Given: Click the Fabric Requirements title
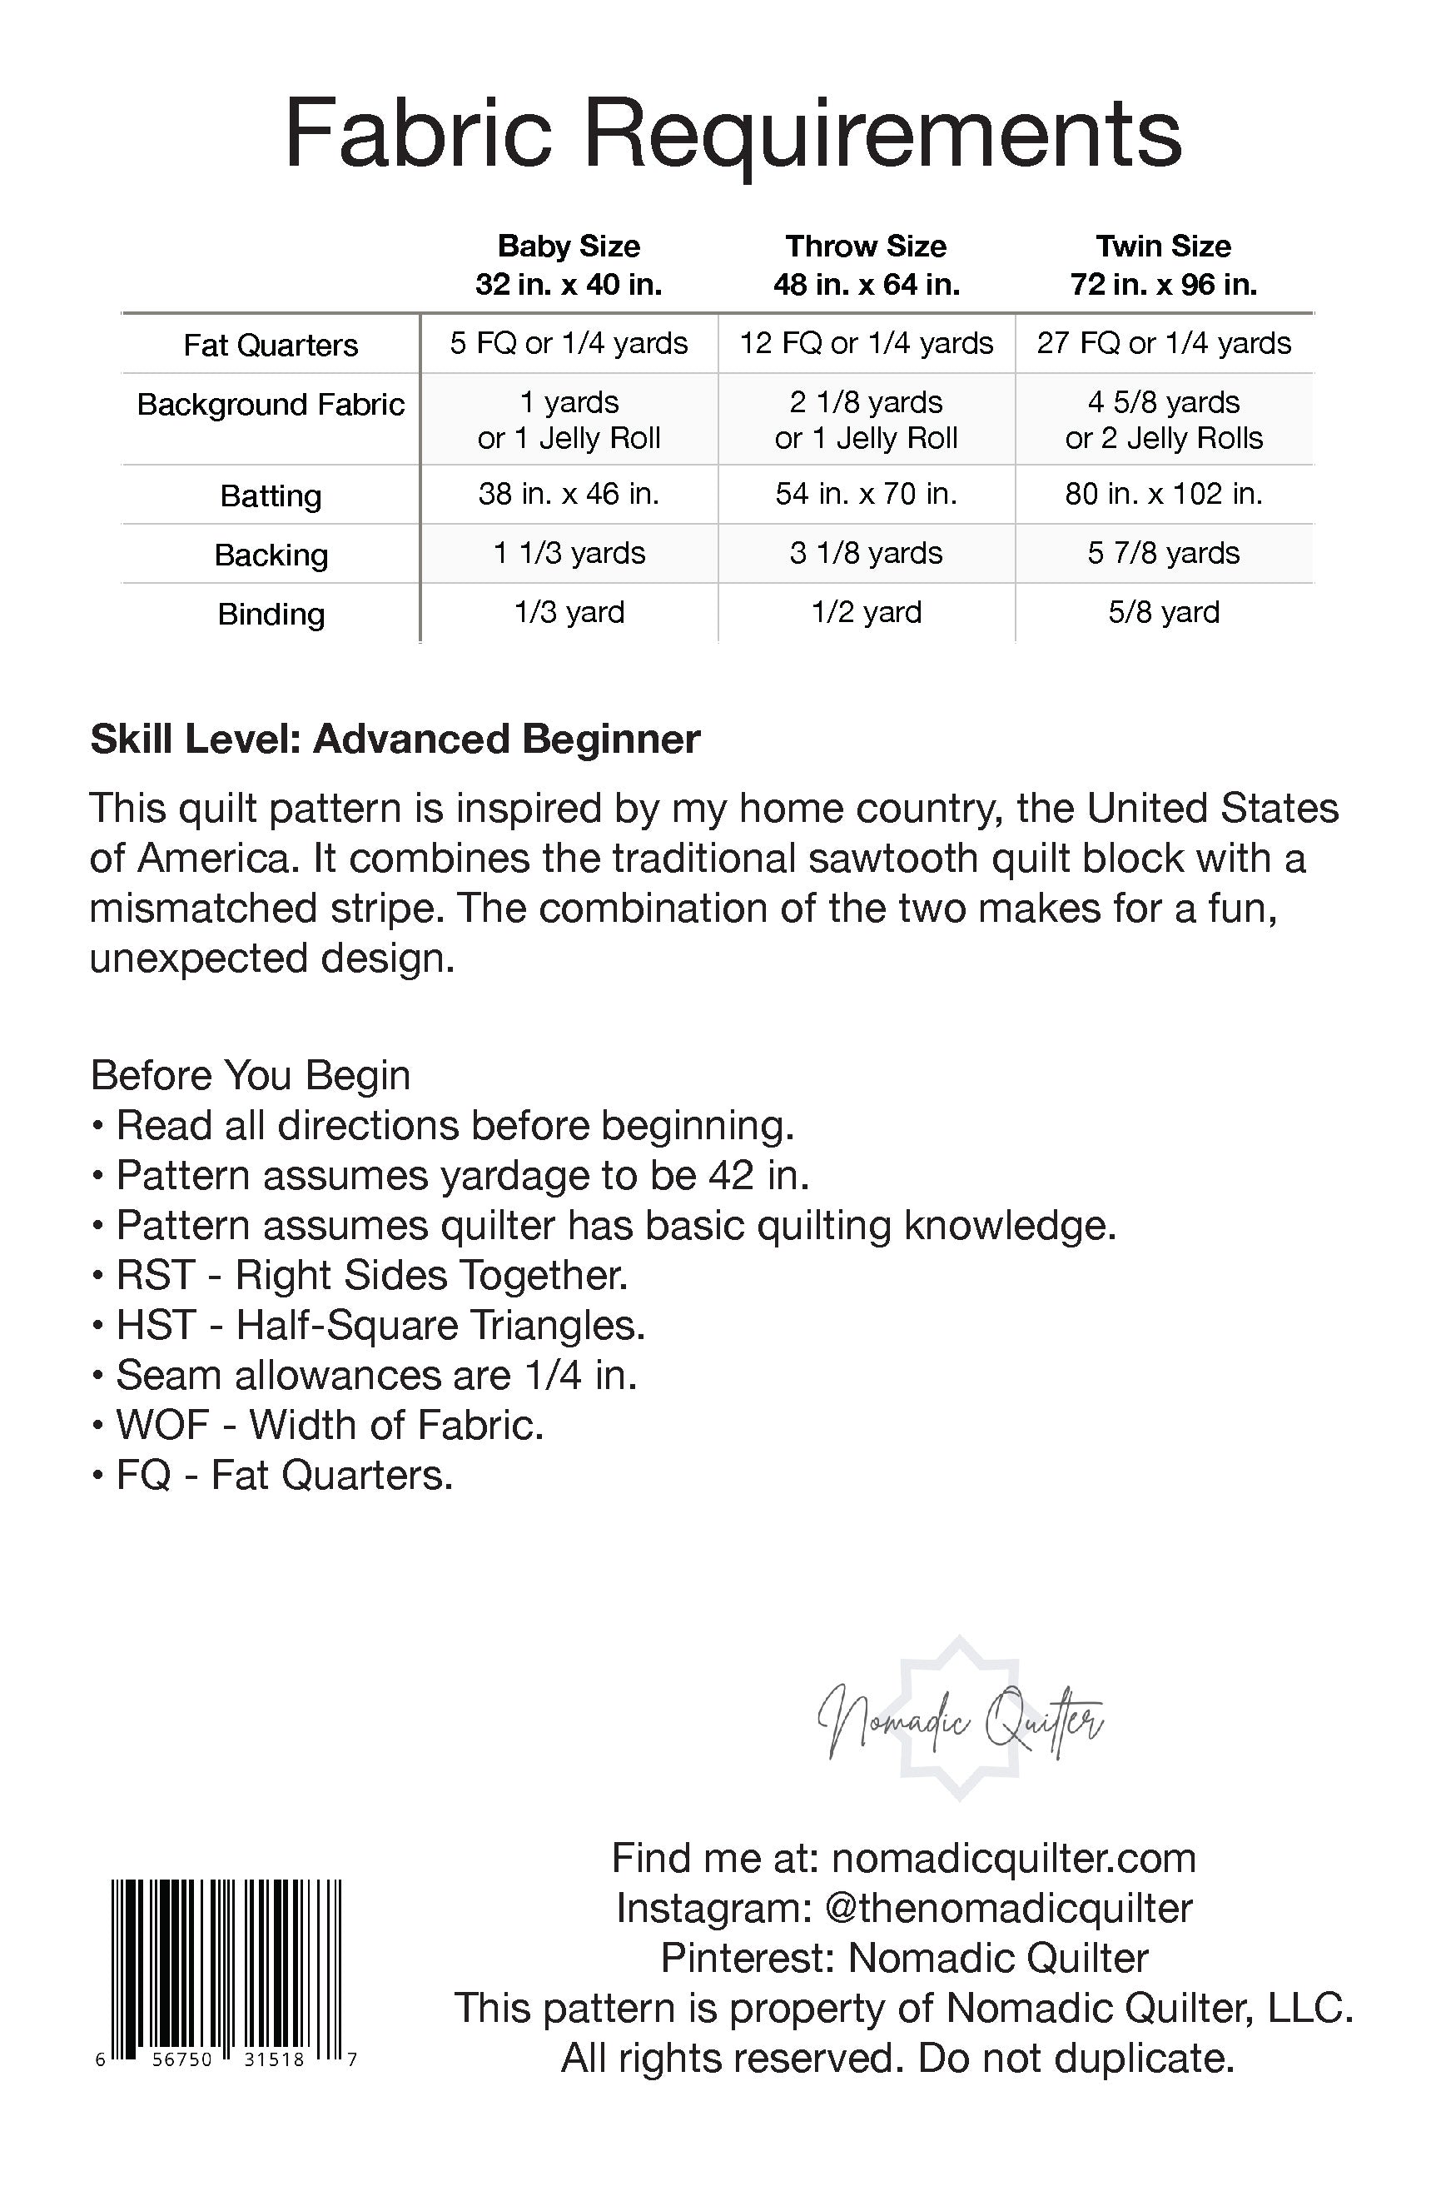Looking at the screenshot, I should click(x=733, y=136).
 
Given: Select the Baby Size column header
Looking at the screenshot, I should click(x=569, y=265).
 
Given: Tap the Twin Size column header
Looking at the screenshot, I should click(x=1163, y=265).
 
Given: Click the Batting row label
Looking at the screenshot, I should click(x=271, y=496).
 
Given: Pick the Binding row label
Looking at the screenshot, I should click(x=271, y=614).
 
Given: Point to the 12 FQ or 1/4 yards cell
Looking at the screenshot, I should click(x=866, y=343).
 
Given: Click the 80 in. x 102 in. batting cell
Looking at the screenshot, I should click(x=1163, y=494).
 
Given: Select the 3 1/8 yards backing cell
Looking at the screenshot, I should click(x=866, y=553).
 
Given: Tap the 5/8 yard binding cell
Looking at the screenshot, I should click(x=1163, y=612).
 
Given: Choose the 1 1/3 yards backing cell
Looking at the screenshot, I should click(x=569, y=553).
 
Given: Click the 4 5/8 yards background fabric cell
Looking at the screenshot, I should click(x=1163, y=420).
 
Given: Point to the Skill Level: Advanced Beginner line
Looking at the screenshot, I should click(x=395, y=739).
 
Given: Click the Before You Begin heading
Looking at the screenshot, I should click(x=250, y=1074).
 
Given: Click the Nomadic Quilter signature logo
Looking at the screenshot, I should click(x=961, y=1723).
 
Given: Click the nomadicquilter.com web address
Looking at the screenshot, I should click(x=1014, y=1858).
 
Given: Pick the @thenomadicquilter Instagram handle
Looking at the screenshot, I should click(x=1008, y=1908).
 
